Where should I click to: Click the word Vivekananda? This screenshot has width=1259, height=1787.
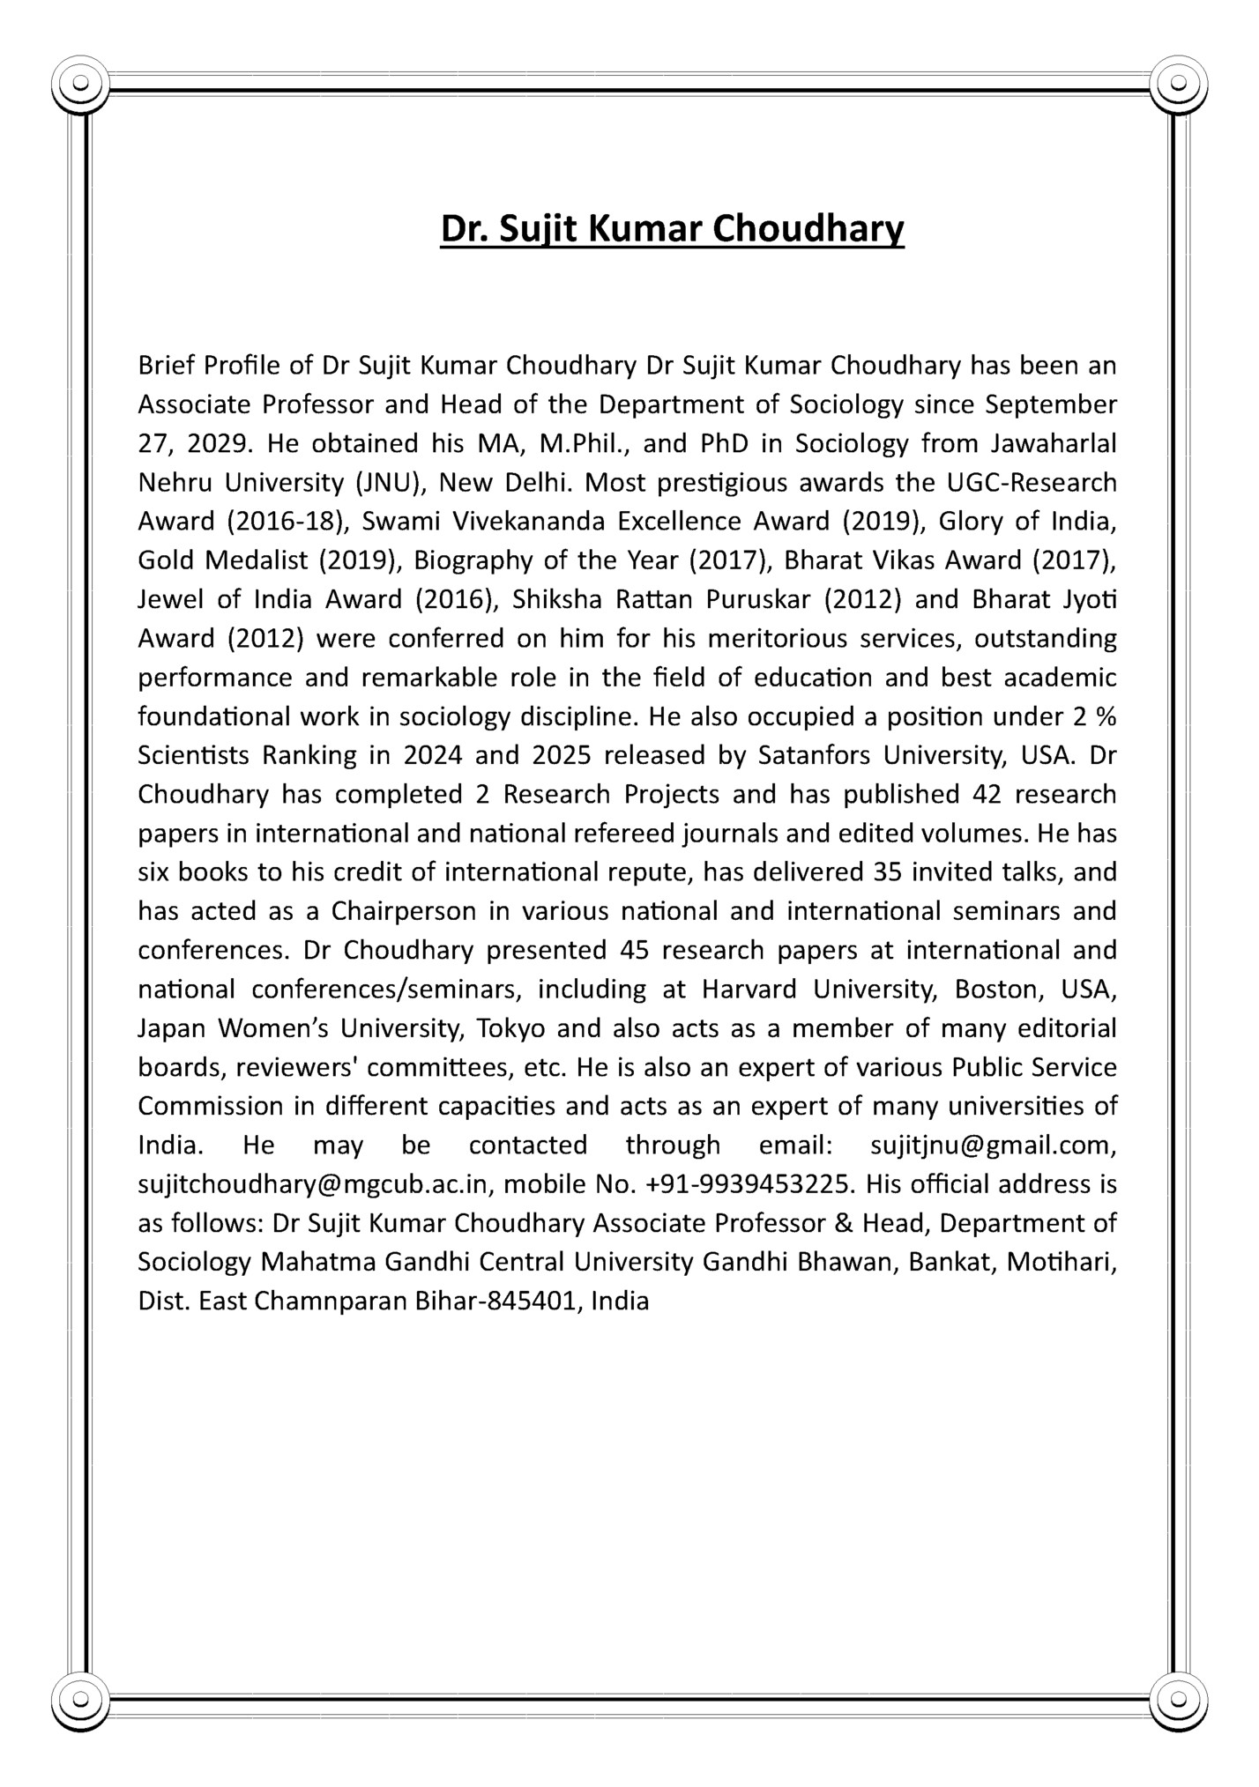(526, 522)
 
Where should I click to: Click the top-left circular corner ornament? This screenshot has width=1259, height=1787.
(80, 84)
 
